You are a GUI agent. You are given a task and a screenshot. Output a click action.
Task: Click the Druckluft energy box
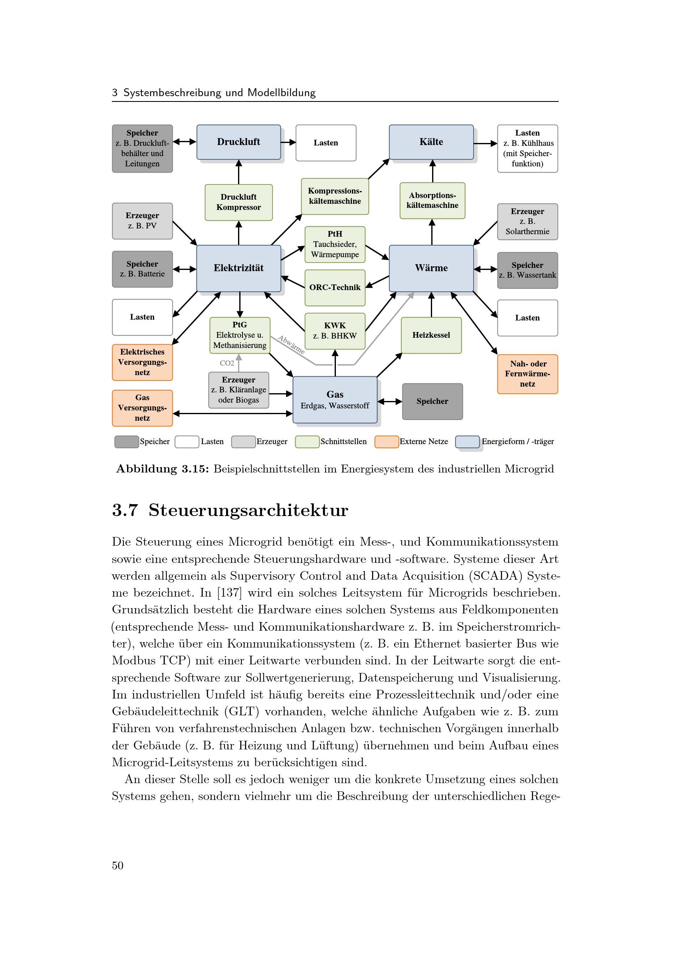point(238,142)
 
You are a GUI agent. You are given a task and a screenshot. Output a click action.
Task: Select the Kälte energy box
point(431,142)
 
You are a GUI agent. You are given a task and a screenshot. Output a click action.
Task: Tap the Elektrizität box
point(238,268)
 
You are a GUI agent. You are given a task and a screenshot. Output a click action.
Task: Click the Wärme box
point(431,268)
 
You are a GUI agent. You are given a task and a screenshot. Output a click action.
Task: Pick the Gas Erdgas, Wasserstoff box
point(335,399)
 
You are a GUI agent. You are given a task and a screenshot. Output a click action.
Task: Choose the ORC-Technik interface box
point(335,288)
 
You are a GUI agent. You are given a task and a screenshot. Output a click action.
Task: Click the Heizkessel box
point(431,335)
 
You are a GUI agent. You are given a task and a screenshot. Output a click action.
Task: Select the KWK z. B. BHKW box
point(335,331)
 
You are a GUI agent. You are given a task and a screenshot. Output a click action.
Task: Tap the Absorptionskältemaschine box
point(432,200)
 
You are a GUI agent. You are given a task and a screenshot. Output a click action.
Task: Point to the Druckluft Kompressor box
point(238,202)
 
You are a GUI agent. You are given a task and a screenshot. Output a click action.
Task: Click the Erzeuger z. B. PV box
point(142,221)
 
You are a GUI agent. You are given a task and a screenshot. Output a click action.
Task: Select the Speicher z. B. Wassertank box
point(527,270)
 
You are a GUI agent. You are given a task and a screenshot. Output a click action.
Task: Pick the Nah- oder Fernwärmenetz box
point(527,374)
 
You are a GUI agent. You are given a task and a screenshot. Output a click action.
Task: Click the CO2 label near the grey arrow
point(227,363)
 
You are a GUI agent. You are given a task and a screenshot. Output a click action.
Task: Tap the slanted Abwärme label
point(291,344)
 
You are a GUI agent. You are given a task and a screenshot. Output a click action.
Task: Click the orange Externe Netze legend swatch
point(386,442)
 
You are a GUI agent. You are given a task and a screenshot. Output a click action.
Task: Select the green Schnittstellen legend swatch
point(307,442)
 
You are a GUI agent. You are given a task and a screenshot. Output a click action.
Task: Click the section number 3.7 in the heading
point(125,510)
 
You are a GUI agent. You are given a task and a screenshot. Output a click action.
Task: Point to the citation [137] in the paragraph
point(229,593)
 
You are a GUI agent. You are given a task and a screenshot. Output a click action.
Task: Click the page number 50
point(118,866)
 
